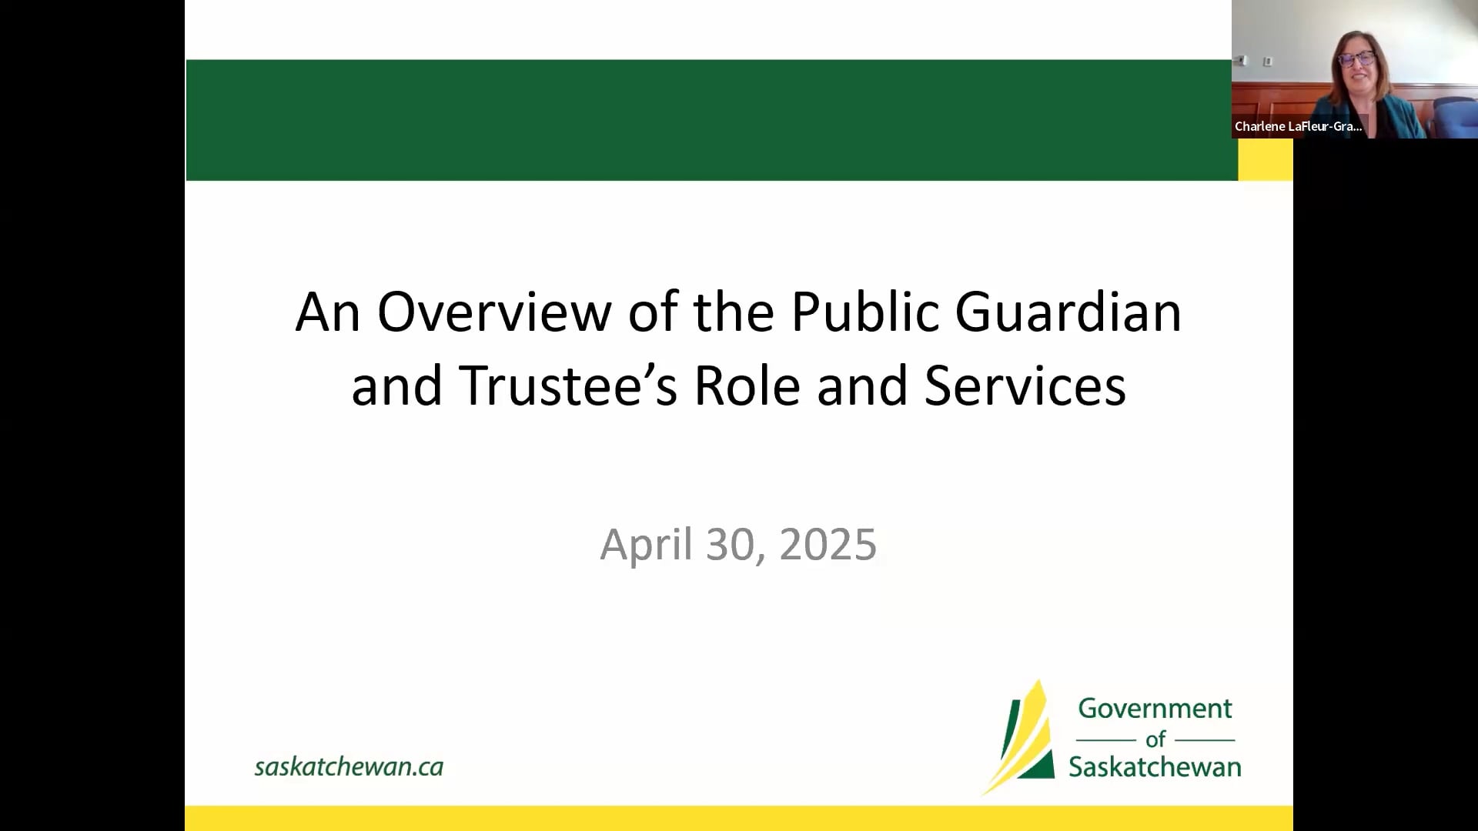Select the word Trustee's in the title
click(x=568, y=385)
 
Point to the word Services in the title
click(x=1025, y=385)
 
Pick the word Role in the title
click(x=747, y=385)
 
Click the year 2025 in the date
click(x=828, y=545)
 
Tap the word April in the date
click(x=646, y=545)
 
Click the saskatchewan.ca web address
click(x=349, y=766)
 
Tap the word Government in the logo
click(x=1155, y=708)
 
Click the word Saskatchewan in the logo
click(x=1155, y=767)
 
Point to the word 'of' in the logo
click(x=1155, y=739)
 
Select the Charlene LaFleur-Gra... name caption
click(x=1298, y=126)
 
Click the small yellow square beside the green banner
click(x=1265, y=160)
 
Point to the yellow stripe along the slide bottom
click(x=739, y=819)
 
